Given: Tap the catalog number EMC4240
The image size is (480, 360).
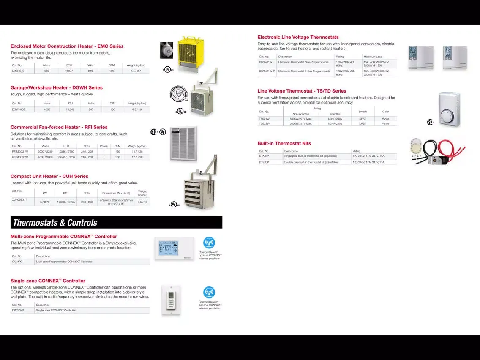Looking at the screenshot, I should click(18, 71).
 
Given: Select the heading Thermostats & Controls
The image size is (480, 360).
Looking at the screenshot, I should click(55, 223).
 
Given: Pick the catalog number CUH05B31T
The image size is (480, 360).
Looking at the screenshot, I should click(19, 199).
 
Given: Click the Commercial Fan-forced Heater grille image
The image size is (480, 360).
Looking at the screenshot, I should click(183, 143).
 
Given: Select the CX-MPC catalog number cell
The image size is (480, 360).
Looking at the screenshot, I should click(17, 262).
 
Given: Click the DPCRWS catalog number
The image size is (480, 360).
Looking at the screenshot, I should click(18, 310).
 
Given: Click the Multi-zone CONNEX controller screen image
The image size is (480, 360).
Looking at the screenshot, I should click(175, 248).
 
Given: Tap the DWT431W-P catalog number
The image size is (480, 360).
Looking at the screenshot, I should click(267, 71).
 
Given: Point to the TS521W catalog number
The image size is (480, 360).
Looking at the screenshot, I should click(264, 119).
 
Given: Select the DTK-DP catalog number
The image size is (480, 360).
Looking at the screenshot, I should click(264, 162).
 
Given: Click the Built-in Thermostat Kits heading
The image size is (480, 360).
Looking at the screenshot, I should click(284, 143).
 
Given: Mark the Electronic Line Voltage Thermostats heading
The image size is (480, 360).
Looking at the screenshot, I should click(298, 37).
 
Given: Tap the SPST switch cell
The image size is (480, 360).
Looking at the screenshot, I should click(363, 119).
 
